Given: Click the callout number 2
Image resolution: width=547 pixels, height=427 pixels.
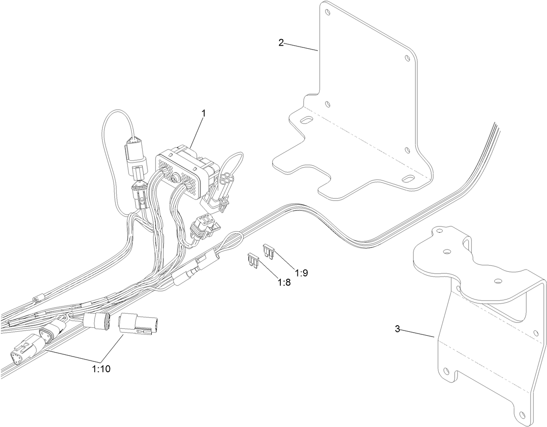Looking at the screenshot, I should point(281,42).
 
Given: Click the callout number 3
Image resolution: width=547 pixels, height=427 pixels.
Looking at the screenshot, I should point(397,329).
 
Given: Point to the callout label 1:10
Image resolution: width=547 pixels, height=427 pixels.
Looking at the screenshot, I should point(101,369).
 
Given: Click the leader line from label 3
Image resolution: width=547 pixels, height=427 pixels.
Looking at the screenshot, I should point(417,333).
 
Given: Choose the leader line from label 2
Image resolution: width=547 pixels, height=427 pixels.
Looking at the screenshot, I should point(301,47).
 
